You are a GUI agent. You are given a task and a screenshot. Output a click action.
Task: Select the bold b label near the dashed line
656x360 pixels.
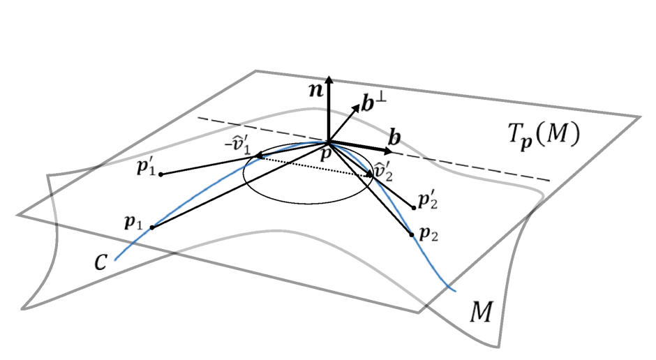click(394, 137)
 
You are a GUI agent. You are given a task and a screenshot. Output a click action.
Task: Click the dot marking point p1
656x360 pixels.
click(151, 227)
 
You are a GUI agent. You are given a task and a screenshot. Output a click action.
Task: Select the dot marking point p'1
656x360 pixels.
click(161, 174)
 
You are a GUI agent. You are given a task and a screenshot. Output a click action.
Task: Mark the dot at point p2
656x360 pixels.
click(412, 234)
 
